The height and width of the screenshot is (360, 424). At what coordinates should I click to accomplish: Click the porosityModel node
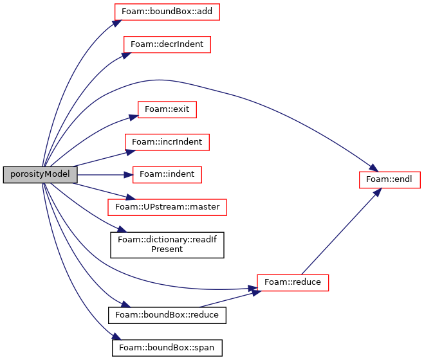point(41,175)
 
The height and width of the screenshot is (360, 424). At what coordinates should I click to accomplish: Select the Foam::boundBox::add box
point(167,12)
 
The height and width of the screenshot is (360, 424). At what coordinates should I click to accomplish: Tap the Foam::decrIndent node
point(167,44)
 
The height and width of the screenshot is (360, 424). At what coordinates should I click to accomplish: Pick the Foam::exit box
point(167,109)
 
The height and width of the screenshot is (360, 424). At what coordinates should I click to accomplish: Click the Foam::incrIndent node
point(167,142)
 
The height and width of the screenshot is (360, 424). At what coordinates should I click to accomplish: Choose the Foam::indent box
point(167,175)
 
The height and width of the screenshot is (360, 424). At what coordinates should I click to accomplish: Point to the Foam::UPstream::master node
point(167,207)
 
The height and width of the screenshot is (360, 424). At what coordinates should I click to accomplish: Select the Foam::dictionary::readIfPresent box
point(167,245)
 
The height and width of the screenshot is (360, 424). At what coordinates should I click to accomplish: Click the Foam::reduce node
point(293,283)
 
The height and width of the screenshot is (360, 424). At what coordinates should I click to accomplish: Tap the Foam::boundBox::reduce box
point(167,315)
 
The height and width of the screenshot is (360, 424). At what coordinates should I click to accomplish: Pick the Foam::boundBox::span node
point(167,348)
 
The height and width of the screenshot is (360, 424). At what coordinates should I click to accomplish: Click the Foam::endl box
point(390,180)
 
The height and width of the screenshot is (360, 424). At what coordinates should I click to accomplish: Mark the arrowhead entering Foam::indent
point(128,175)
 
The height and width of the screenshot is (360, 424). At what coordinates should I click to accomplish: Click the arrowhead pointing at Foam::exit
point(134,118)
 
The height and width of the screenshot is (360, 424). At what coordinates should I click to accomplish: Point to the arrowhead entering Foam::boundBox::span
point(116,336)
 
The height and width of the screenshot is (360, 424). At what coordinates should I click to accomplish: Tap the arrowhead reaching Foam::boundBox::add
point(117,23)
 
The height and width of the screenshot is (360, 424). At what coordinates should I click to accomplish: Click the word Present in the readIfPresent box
point(167,249)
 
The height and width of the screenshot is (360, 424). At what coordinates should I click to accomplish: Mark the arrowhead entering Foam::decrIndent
point(126,55)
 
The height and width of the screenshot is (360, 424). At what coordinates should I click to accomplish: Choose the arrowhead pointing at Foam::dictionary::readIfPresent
point(122,230)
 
